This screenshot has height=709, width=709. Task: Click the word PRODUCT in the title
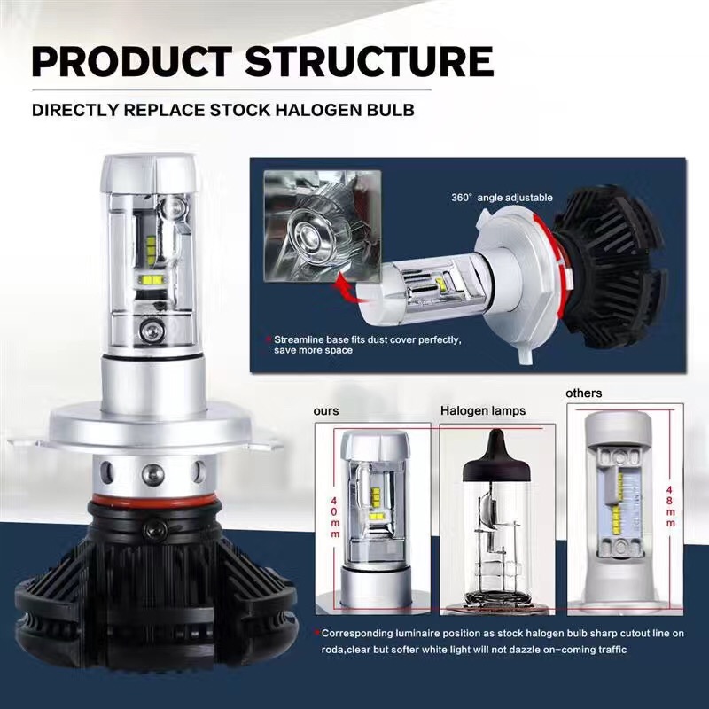pos(132,61)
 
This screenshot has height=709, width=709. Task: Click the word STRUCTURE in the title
pos(369,61)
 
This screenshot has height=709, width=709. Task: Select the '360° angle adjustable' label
pos(502,198)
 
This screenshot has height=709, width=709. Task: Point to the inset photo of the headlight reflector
pos(323,226)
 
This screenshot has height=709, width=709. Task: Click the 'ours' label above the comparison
pos(326,411)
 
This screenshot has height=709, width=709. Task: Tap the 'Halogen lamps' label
pos(483,410)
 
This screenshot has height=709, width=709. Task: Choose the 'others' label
pos(584,393)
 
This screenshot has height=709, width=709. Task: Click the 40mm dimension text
pos(335,518)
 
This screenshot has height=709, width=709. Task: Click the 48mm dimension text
pos(670,506)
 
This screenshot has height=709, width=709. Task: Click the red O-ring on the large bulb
pos(153,501)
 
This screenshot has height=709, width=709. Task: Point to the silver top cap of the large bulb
pos(150,175)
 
